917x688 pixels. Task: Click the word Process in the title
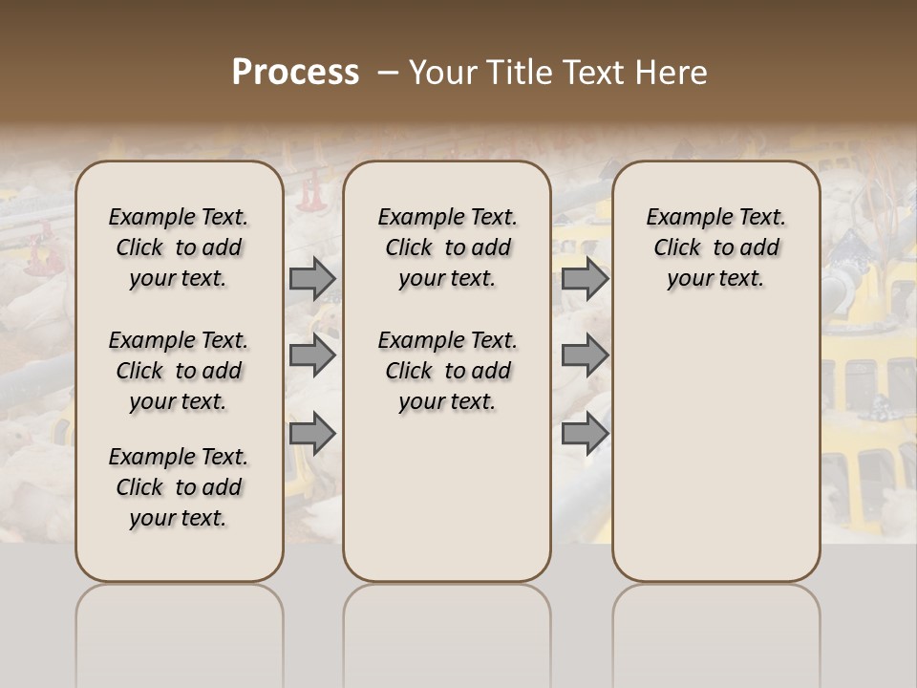pos(295,73)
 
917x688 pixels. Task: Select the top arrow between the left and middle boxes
pos(312,278)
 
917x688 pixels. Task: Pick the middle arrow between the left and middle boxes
pos(312,355)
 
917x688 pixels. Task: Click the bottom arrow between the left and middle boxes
pos(312,434)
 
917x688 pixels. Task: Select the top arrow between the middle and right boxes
pos(585,278)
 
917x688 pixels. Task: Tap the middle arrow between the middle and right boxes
pos(585,355)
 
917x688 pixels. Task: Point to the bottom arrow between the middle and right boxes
pos(585,434)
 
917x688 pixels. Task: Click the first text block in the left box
pos(179,247)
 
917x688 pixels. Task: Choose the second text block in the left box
pos(179,371)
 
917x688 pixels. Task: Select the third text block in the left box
pos(179,487)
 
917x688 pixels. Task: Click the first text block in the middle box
pos(447,247)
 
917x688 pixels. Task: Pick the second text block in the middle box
pos(447,371)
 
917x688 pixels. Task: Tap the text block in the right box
pos(715,247)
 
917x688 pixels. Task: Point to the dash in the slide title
pos(387,73)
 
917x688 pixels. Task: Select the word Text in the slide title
pos(590,73)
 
